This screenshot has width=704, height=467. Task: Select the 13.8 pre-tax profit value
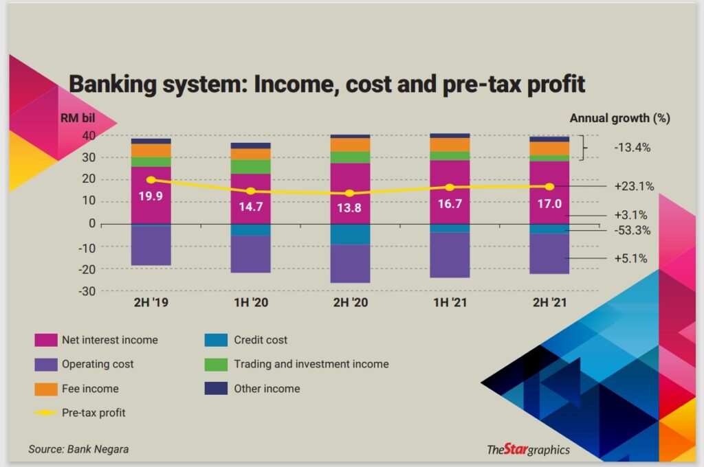tap(349, 207)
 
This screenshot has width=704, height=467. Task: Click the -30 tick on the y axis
tap(85, 291)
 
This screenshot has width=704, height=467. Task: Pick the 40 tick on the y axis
tap(88, 135)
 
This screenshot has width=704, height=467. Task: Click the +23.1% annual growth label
tap(634, 185)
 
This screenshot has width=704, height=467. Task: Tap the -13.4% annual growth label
tap(632, 147)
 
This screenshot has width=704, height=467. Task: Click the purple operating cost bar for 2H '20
tap(350, 264)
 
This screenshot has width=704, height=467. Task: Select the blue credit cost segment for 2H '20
tap(350, 234)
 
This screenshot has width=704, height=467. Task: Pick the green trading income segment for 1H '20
tap(250, 166)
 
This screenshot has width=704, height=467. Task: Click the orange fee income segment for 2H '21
tap(549, 148)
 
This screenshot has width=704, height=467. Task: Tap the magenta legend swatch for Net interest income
tap(45, 340)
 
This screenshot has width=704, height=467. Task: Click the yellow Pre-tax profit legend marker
tap(45, 413)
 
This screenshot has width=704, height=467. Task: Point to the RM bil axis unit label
tap(78, 117)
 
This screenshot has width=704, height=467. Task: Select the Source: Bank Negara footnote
tap(78, 449)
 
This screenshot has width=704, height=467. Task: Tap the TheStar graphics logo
tap(528, 450)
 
